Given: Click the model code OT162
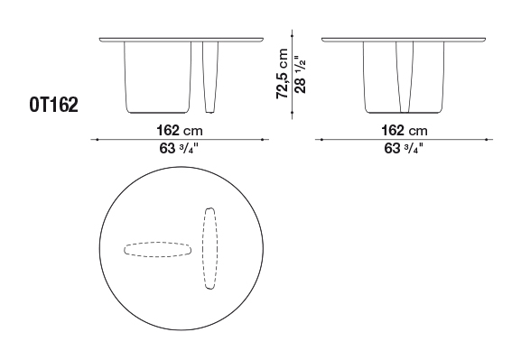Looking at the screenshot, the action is pos(54,105).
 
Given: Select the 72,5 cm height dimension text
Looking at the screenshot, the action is pos(282,73).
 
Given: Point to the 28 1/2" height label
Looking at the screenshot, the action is pos(300,74).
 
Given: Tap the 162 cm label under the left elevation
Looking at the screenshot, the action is pos(180,130).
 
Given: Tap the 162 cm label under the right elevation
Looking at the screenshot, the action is pos(404,130).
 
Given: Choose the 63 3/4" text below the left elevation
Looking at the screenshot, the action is pos(179,149).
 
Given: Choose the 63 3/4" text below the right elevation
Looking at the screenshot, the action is pos(404,149).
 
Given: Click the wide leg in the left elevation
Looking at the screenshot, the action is pos(158,77).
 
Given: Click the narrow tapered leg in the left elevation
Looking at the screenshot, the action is pos(210,77).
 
